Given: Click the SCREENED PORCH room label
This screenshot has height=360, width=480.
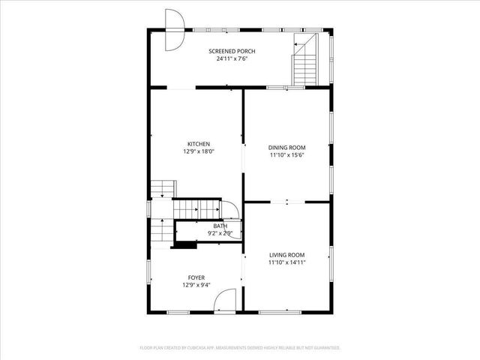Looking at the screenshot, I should [x=232, y=51].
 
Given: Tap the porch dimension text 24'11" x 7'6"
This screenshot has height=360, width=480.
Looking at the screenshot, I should [x=232, y=58].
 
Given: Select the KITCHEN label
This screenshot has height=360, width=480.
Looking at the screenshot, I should [x=199, y=144].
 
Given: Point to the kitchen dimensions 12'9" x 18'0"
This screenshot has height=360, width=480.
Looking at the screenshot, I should [x=199, y=151].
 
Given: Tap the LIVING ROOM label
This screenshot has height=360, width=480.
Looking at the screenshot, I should [x=287, y=255].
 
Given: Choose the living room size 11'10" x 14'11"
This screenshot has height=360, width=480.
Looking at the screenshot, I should [x=287, y=262].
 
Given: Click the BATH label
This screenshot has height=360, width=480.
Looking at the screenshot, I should [x=220, y=226].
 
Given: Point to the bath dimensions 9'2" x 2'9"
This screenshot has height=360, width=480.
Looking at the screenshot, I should [x=220, y=233].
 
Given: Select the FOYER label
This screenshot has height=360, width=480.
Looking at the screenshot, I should [x=196, y=277].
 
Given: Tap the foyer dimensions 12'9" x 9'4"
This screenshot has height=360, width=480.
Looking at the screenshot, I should [x=196, y=285].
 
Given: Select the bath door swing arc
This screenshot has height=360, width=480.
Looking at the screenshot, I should [x=232, y=211].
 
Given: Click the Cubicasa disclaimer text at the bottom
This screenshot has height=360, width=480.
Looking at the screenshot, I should [x=240, y=348].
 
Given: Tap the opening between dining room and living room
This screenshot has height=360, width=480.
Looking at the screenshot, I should [x=287, y=202].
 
